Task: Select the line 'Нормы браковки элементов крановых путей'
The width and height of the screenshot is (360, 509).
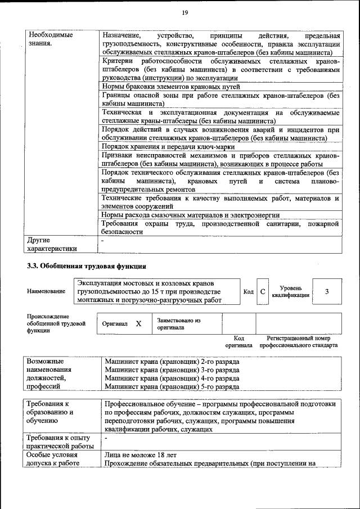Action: click(x=171, y=87)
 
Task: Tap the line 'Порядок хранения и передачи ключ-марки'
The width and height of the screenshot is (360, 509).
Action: click(x=168, y=146)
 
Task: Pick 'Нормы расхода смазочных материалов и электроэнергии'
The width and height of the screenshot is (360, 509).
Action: click(x=191, y=215)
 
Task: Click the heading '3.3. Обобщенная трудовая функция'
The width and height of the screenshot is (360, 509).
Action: click(x=87, y=266)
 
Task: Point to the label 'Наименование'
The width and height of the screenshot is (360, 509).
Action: click(x=46, y=291)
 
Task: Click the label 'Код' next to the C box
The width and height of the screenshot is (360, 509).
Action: click(x=248, y=291)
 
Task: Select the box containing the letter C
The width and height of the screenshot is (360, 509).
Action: click(x=263, y=291)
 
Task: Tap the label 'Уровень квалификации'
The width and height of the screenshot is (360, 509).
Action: click(x=290, y=291)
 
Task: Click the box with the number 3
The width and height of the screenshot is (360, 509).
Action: click(x=327, y=291)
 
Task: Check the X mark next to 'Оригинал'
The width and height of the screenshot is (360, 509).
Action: click(x=138, y=324)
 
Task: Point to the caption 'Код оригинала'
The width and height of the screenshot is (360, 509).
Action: click(x=238, y=342)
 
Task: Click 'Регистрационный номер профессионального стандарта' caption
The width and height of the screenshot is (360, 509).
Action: click(x=298, y=342)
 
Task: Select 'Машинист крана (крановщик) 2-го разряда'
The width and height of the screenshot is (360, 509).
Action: click(x=172, y=361)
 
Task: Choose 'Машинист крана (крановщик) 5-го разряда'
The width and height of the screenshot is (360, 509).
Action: click(x=172, y=387)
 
